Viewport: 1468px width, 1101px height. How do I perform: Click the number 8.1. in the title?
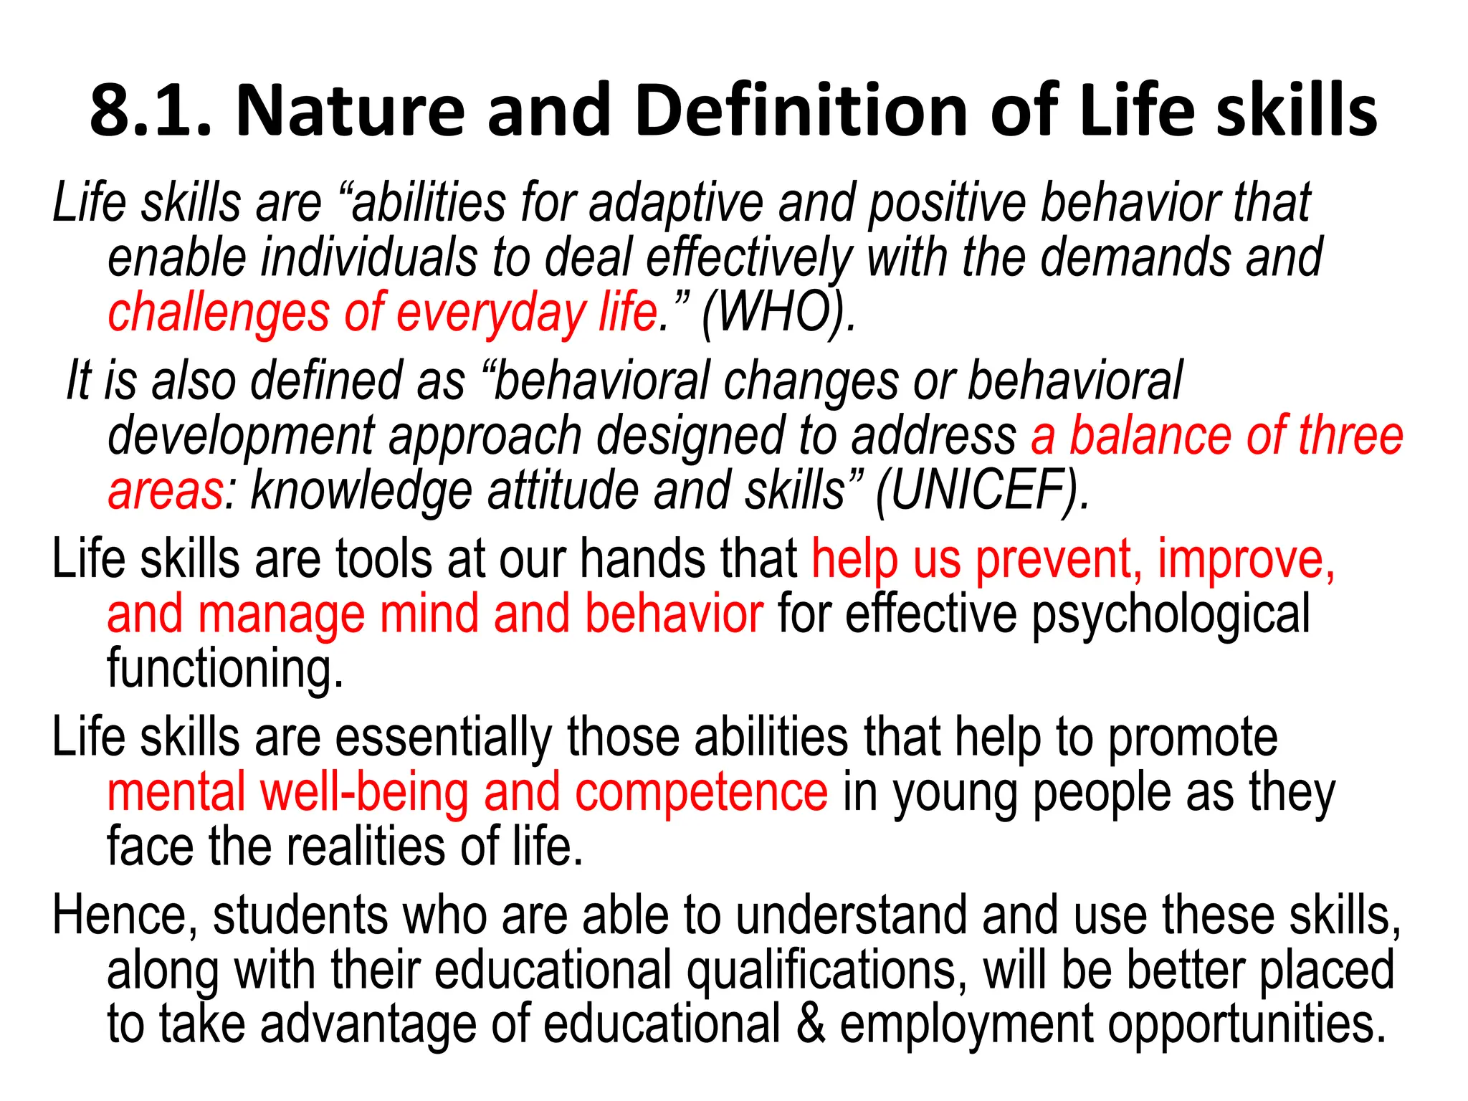coord(151,111)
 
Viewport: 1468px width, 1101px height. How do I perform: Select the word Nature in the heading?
coord(351,111)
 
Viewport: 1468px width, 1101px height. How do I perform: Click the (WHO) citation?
coord(777,313)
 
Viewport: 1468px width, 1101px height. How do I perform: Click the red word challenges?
coord(219,313)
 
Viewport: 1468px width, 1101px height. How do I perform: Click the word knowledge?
coord(361,491)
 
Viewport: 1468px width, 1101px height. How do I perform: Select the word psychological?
coord(1170,614)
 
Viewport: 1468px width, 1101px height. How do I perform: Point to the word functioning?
coord(225,669)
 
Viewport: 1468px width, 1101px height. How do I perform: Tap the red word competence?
coord(701,792)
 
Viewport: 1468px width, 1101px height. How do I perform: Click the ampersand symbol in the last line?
coord(809,1024)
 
